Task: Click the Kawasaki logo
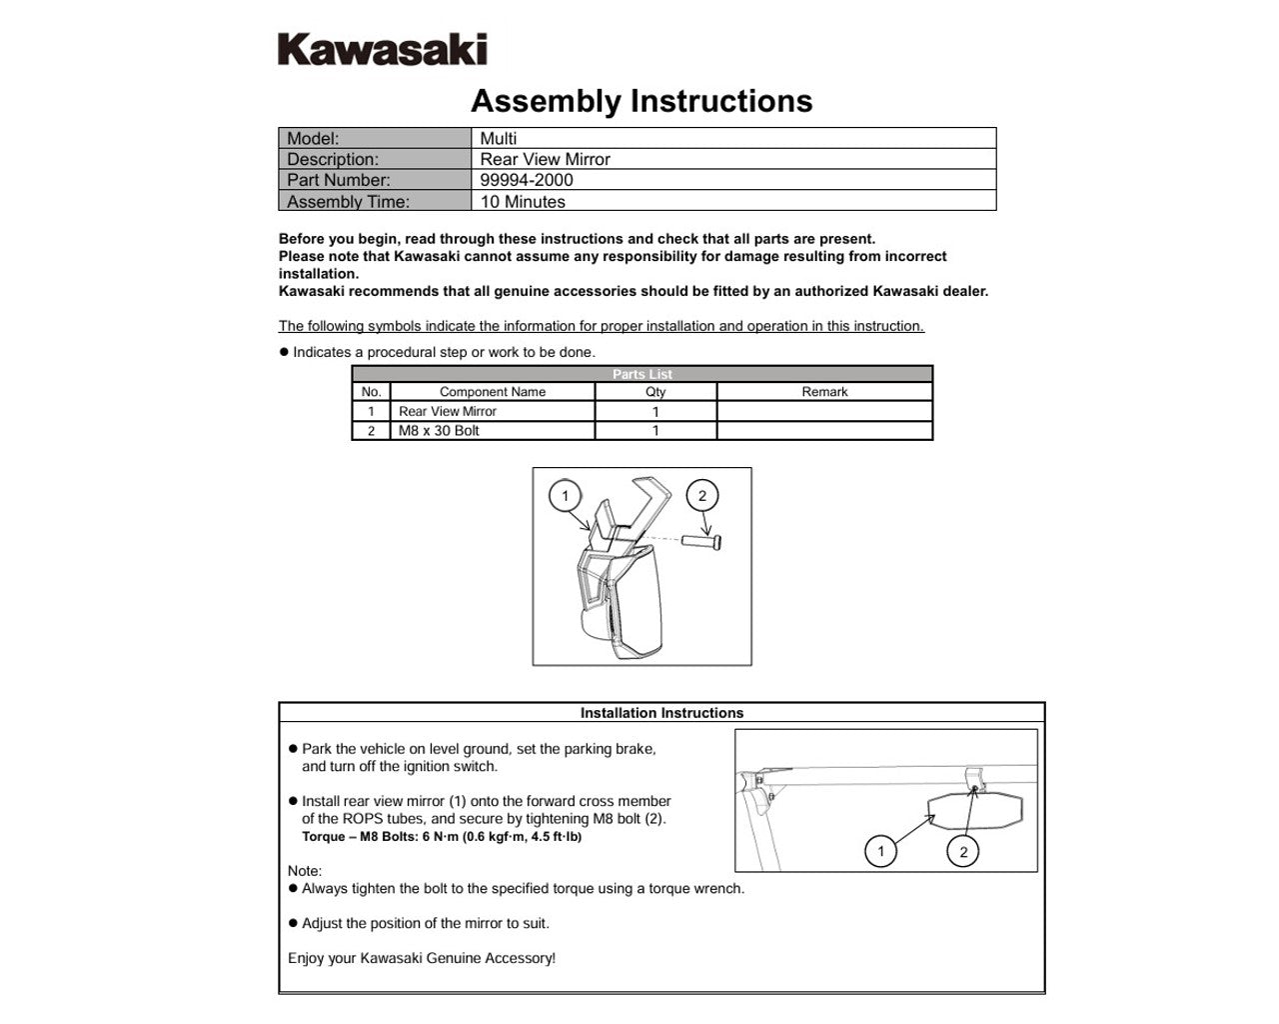382,49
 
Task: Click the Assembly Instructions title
641,101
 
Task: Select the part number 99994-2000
527,180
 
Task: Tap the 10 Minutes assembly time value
523,201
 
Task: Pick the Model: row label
313,139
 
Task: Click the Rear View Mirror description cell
545,159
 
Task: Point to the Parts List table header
641,374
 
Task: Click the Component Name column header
493,392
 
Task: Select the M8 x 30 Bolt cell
439,431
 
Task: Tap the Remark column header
824,392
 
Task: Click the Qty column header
655,392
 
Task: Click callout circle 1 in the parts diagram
566,496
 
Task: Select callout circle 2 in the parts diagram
702,496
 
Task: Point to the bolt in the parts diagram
702,541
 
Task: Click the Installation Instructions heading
661,713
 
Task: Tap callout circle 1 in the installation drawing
880,852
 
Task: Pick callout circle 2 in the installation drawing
963,852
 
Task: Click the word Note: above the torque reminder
305,871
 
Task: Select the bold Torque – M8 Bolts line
442,837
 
